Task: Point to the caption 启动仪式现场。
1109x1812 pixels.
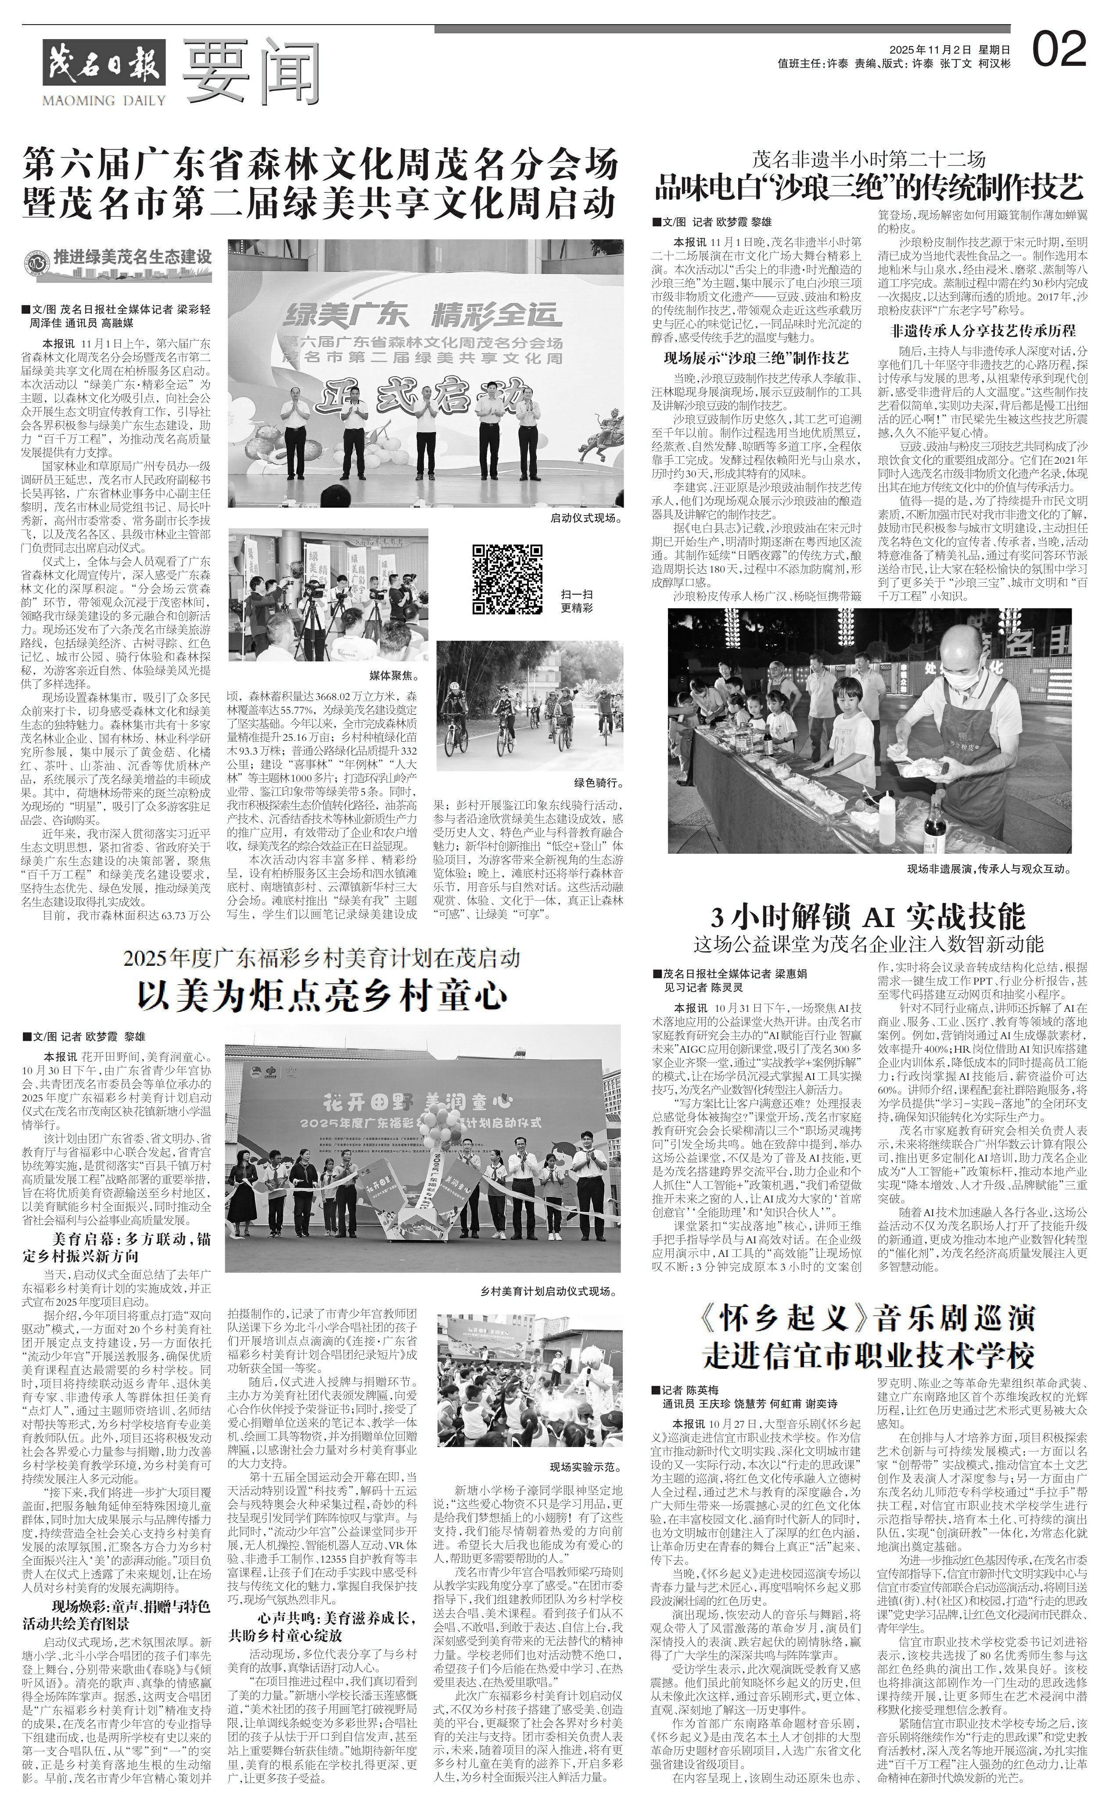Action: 586,518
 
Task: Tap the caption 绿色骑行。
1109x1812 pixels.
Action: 595,762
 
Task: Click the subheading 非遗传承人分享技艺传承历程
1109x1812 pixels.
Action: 983,330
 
